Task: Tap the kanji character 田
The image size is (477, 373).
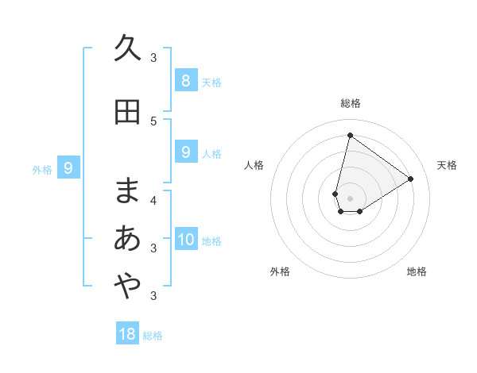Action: click(127, 112)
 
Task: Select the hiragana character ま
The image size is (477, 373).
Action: click(127, 190)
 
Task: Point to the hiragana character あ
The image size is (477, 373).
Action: click(127, 238)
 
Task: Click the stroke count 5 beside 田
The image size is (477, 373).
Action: click(153, 121)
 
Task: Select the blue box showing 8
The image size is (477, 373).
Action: click(185, 80)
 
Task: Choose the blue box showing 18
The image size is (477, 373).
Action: click(127, 334)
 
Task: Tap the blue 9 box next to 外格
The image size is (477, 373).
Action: click(68, 168)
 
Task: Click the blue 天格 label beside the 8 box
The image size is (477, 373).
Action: click(211, 82)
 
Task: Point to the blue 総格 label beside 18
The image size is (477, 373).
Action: click(153, 336)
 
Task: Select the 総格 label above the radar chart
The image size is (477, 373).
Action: click(350, 103)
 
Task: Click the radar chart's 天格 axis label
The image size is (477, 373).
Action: click(447, 165)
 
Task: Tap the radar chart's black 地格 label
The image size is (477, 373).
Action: click(417, 271)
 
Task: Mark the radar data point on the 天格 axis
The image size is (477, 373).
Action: click(410, 179)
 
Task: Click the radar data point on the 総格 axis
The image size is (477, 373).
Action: click(350, 135)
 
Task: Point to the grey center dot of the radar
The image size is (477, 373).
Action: click(350, 198)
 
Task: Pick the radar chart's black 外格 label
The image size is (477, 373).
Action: click(280, 271)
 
